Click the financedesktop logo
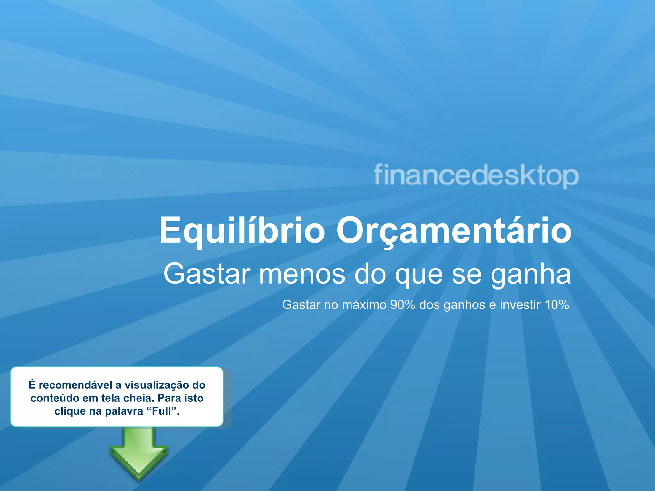click(476, 175)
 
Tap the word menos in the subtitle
click(302, 274)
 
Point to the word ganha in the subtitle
click(531, 274)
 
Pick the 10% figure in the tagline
click(557, 305)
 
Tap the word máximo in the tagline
click(364, 305)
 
